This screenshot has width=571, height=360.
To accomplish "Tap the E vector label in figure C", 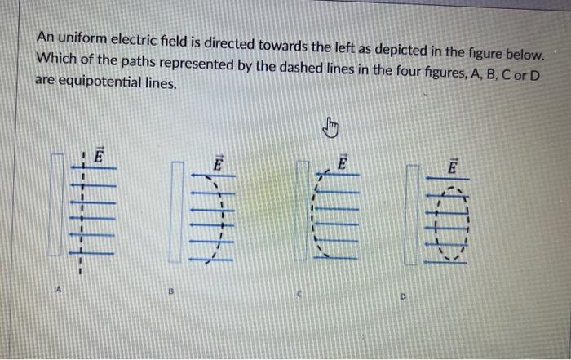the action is point(342,162).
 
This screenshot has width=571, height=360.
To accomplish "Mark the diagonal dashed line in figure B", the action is point(218,220).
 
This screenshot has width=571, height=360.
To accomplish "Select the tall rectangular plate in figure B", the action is point(176,212).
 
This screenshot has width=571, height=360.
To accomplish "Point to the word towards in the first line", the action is point(299,42).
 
